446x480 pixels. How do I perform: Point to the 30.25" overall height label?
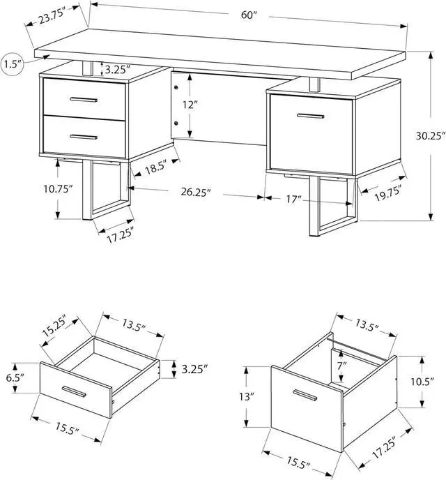(x=429, y=136)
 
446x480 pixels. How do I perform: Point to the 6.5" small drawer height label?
(x=15, y=377)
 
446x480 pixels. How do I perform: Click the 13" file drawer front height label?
(x=247, y=396)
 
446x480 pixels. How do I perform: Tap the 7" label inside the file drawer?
(x=341, y=366)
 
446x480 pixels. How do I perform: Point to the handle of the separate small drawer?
(x=73, y=392)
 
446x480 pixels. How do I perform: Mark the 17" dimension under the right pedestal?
(x=294, y=200)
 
